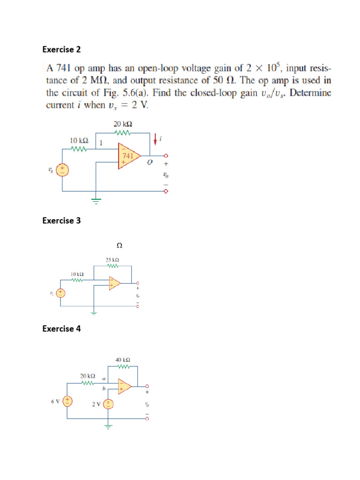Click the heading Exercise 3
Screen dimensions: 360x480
click(61, 220)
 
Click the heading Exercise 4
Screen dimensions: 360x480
click(61, 329)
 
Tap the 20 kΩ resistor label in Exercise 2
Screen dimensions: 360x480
click(123, 124)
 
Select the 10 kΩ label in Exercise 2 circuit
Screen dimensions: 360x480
click(79, 141)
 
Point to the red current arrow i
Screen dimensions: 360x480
click(156, 139)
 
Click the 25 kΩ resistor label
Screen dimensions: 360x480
click(112, 259)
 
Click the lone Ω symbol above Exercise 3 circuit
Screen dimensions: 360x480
click(119, 245)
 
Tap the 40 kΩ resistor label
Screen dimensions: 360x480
click(123, 360)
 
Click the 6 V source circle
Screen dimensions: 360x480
click(67, 401)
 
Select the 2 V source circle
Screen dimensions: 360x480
click(108, 404)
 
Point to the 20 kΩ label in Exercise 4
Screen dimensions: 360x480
click(88, 376)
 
